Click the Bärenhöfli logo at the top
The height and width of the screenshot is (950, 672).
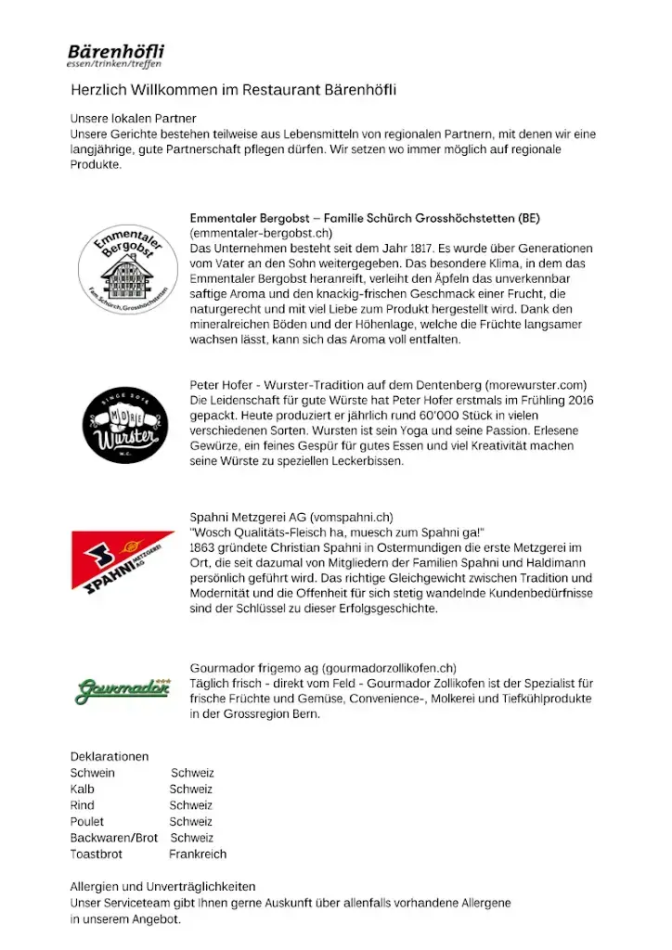pos(115,55)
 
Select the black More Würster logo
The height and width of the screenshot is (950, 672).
pos(126,426)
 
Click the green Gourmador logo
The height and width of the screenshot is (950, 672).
pos(123,689)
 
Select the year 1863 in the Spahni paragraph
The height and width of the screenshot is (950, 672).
pos(207,548)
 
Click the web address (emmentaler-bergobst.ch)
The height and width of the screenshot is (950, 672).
pos(261,233)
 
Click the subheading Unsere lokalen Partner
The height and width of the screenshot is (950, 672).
pos(134,119)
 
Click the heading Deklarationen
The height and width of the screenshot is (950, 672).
pos(110,757)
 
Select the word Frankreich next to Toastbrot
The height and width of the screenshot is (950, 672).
pos(198,854)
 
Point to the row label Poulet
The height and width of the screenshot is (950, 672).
pos(87,821)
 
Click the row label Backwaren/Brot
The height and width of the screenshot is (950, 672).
pos(114,838)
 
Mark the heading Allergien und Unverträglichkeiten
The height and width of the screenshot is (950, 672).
pos(162,887)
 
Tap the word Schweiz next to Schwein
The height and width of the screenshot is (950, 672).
pos(192,773)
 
